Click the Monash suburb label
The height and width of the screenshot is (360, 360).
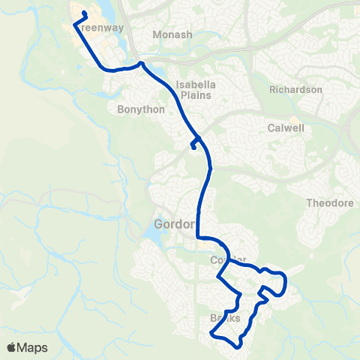click(x=172, y=34)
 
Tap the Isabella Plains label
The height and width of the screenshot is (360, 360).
click(x=194, y=90)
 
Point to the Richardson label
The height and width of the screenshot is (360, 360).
click(x=295, y=90)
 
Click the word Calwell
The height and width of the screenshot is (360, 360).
click(x=285, y=127)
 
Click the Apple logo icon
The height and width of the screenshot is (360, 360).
click(x=11, y=347)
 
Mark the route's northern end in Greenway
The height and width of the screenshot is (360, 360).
click(x=85, y=13)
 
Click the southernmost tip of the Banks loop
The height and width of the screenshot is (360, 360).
click(x=238, y=346)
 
